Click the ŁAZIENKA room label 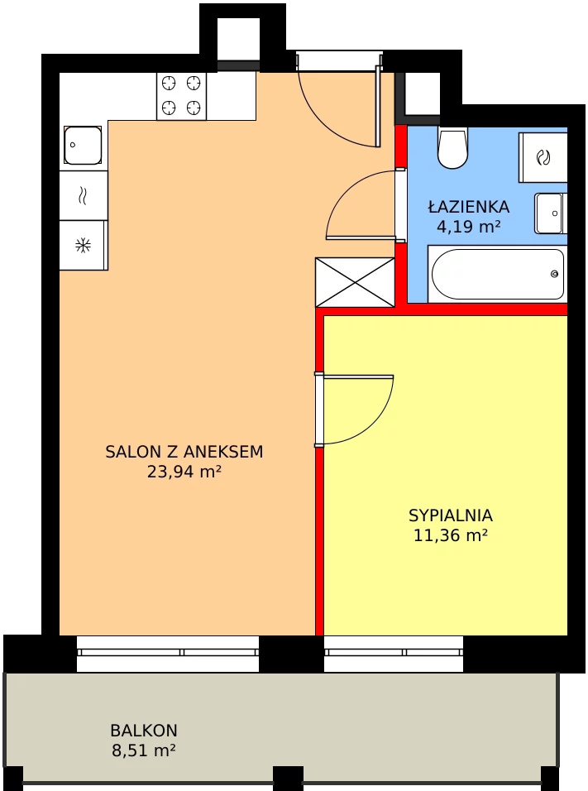468,206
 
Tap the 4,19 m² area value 468,227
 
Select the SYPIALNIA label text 451,515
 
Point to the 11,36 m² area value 451,535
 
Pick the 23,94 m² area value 184,472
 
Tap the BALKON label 144,731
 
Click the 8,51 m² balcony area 144,750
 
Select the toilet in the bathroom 452,146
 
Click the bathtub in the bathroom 498,274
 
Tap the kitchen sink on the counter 83,146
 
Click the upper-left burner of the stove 169,83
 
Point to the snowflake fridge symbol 83,246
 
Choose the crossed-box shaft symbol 355,282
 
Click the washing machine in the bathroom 543,157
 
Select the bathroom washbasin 551,213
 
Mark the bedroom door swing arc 381,423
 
